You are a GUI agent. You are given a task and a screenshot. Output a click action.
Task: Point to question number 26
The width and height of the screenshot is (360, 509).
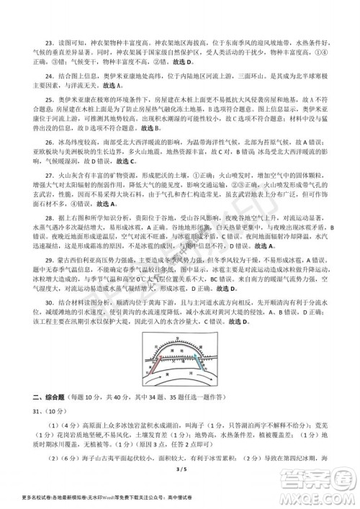[x=48, y=142]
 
